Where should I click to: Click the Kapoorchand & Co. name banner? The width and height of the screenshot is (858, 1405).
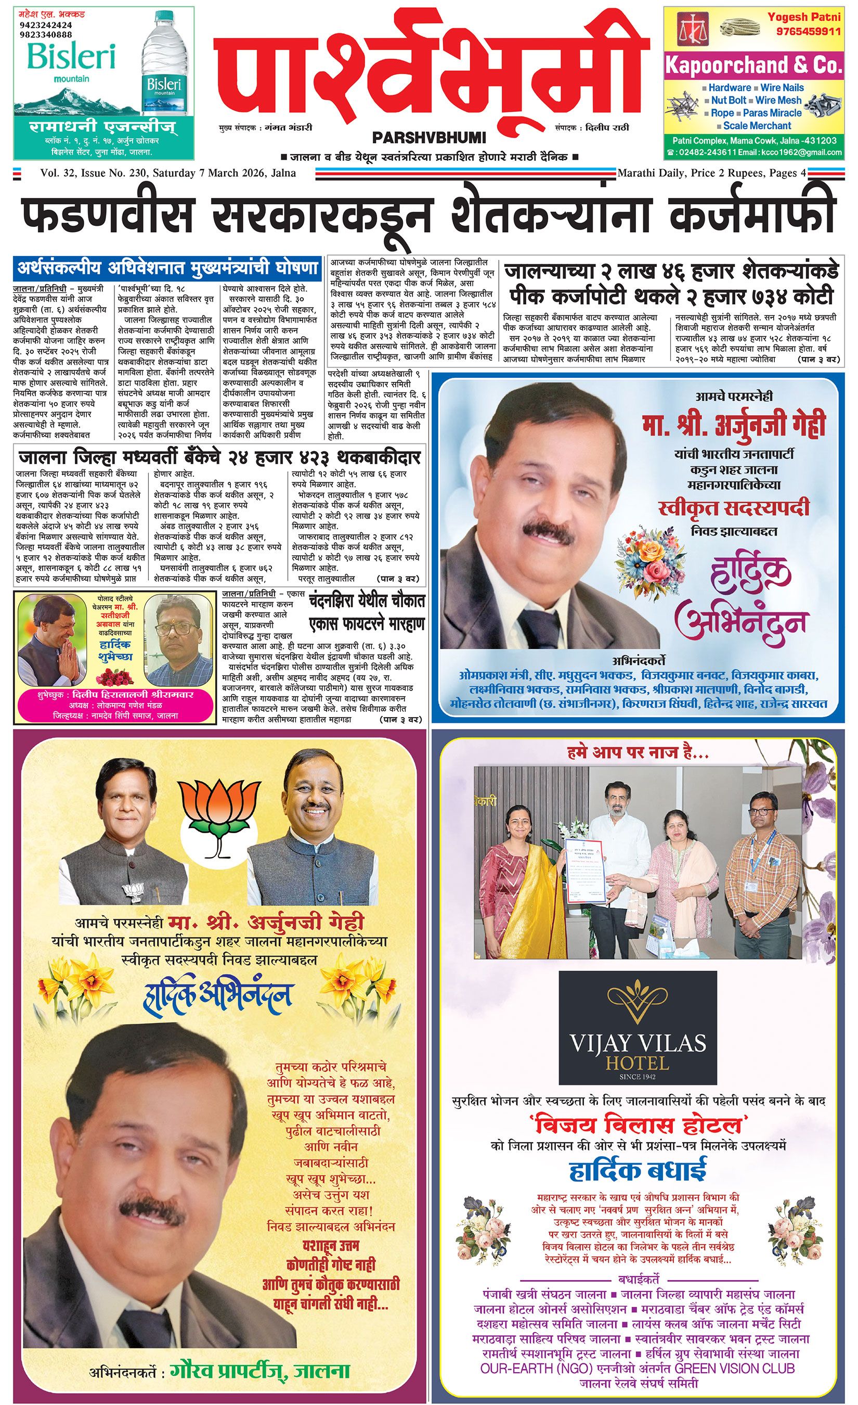(753, 66)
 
